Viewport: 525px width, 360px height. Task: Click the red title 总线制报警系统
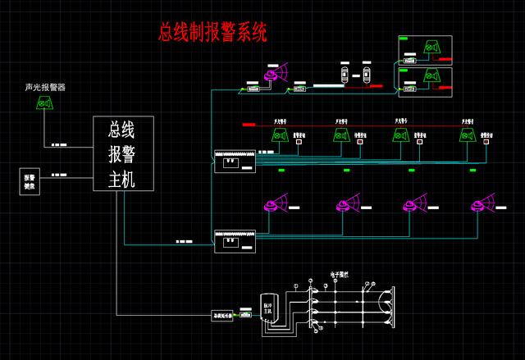click(x=212, y=33)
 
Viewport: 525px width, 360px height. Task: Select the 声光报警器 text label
click(x=45, y=87)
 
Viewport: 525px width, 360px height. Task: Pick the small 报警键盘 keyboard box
click(x=30, y=181)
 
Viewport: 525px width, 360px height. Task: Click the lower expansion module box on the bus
click(x=235, y=239)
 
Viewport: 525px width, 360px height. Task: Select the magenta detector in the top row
click(x=270, y=75)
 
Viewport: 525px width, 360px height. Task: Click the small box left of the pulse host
click(x=223, y=314)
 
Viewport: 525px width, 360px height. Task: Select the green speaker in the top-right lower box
click(x=427, y=78)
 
